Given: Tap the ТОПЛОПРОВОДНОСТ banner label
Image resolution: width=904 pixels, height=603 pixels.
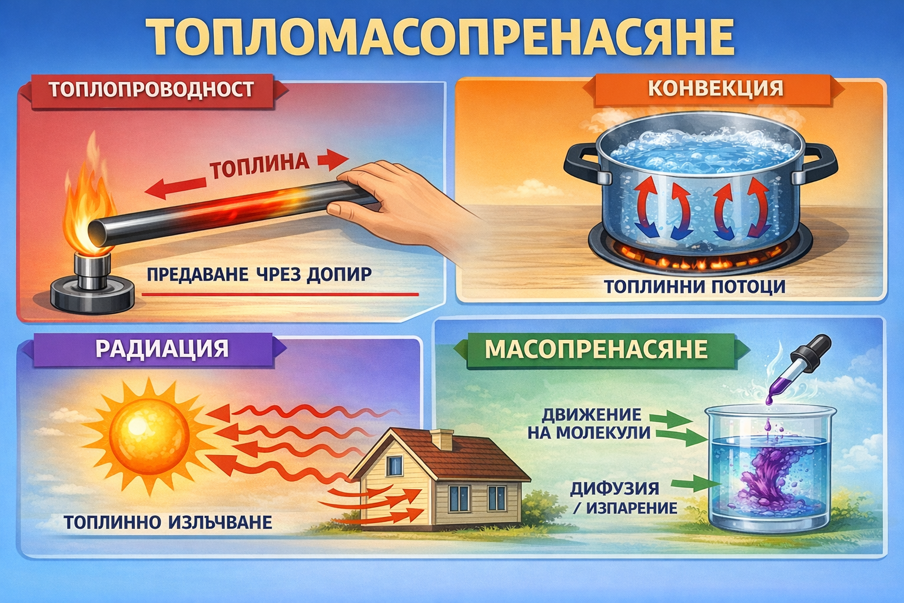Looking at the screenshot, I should (151, 90).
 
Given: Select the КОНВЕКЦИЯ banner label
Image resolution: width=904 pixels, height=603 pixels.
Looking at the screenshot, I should (716, 88).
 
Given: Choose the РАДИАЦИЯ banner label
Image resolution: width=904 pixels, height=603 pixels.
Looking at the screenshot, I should (161, 348).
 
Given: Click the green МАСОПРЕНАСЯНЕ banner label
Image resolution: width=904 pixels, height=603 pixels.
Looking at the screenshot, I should (596, 349).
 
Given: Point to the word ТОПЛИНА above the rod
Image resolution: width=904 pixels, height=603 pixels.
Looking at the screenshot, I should (260, 165).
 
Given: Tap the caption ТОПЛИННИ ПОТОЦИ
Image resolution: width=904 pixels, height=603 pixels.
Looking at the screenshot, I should (694, 287).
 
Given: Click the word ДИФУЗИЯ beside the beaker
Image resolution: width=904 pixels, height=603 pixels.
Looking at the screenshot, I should (614, 488).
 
